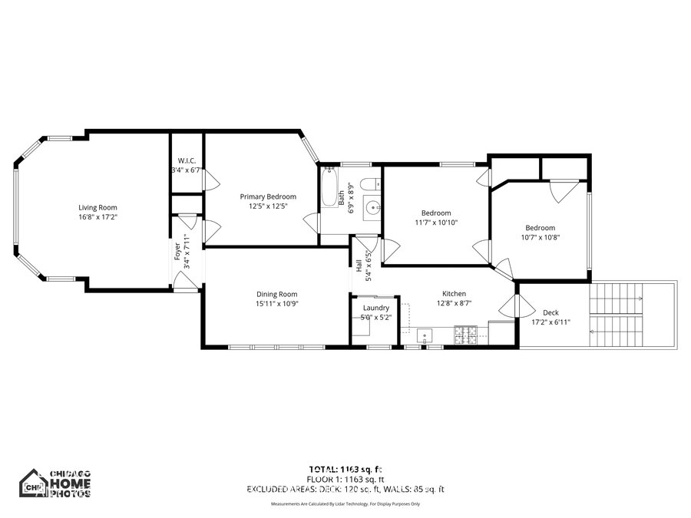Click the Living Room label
pyautogui.click(x=98, y=207)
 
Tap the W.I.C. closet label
pyautogui.click(x=187, y=160)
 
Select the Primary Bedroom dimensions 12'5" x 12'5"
pyautogui.click(x=267, y=206)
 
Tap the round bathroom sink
pyautogui.click(x=372, y=207)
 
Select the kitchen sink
pyautogui.click(x=425, y=335)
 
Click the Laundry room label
pyautogui.click(x=376, y=308)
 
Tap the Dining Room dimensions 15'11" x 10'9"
pyautogui.click(x=276, y=304)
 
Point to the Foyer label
pyautogui.click(x=177, y=251)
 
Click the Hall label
pyautogui.click(x=359, y=266)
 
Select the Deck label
pyautogui.click(x=550, y=312)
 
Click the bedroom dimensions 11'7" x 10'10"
pyautogui.click(x=435, y=223)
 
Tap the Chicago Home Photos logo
pyautogui.click(x=55, y=483)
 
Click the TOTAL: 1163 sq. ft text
pyautogui.click(x=345, y=469)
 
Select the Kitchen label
pyautogui.click(x=454, y=294)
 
